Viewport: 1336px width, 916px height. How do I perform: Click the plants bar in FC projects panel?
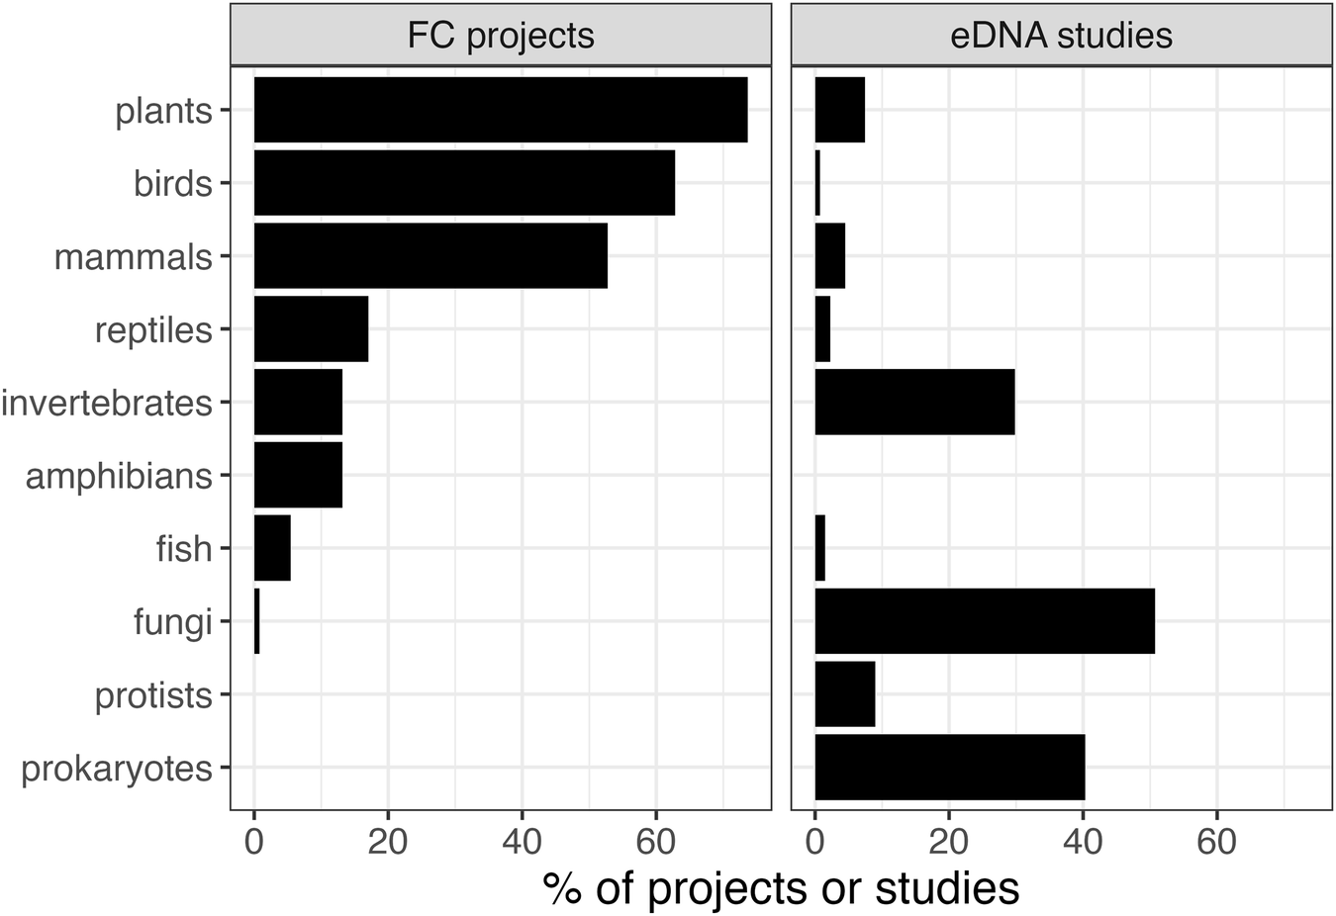coord(500,110)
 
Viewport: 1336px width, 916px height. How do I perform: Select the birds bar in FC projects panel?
coord(464,183)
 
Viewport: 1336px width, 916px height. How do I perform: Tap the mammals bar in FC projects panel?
coord(430,256)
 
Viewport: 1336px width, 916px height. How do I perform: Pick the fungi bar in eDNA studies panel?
coord(984,621)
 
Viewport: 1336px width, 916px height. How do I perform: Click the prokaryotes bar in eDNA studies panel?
coord(949,768)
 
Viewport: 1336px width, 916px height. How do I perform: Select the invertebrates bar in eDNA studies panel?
coord(914,402)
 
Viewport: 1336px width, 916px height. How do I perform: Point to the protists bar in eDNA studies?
coord(844,694)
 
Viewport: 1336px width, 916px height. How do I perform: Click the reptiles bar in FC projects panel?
coord(311,328)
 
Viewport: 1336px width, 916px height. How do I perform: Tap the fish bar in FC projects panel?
coord(272,548)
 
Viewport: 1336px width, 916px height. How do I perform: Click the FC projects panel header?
coord(501,36)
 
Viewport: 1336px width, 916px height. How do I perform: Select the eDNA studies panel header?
coord(1061,36)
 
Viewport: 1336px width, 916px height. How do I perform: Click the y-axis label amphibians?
coord(119,476)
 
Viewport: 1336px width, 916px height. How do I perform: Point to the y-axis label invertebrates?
coord(107,403)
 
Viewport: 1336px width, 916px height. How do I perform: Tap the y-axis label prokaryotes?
coord(117,769)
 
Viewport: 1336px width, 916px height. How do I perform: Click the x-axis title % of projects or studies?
coord(781,888)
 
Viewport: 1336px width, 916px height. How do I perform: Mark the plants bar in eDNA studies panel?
coord(839,110)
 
